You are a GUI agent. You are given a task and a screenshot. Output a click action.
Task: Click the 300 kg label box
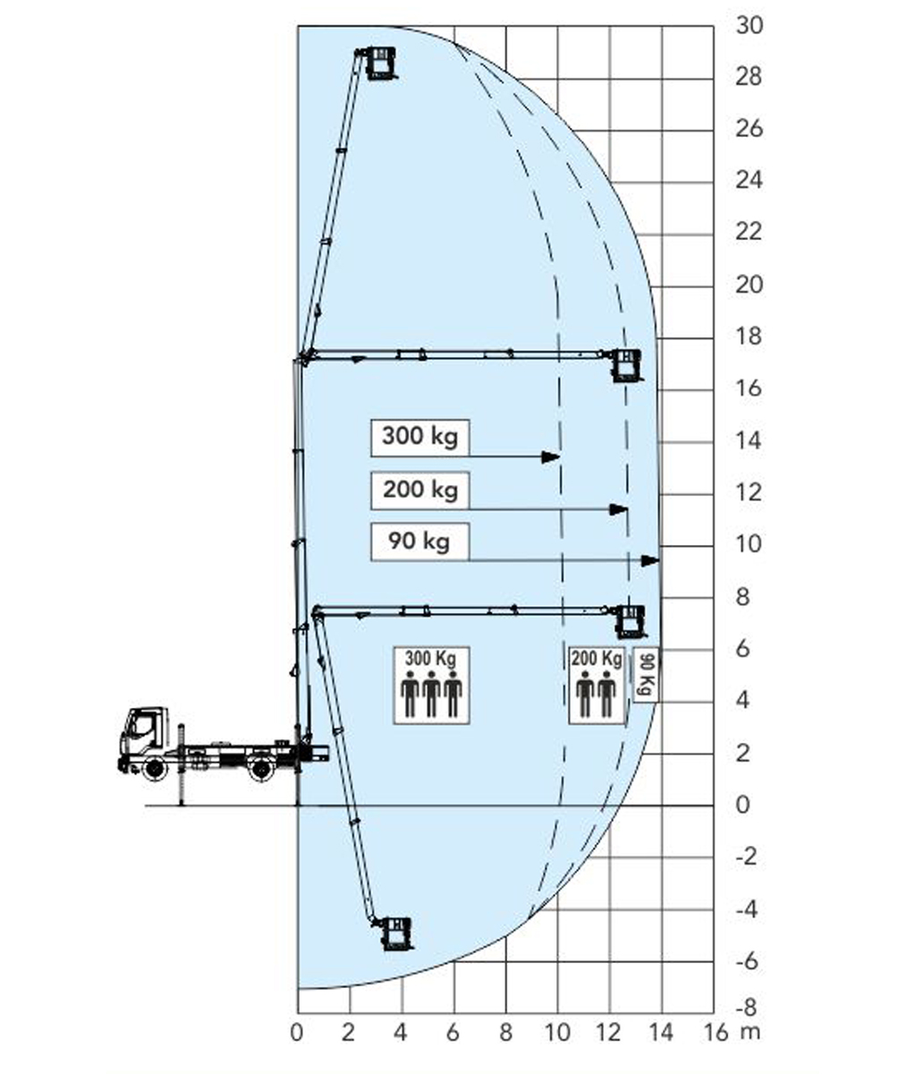(x=420, y=438)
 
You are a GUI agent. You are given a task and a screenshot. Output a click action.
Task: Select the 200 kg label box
(x=420, y=490)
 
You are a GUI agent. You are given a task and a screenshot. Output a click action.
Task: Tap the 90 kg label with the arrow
(x=420, y=541)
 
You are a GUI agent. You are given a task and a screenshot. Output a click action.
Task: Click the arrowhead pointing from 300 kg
(x=551, y=456)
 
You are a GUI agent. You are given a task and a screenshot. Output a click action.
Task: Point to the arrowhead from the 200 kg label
(x=618, y=510)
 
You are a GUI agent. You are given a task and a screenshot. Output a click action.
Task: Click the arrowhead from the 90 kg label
(x=650, y=560)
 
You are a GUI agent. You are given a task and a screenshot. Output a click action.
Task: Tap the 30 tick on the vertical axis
(x=750, y=25)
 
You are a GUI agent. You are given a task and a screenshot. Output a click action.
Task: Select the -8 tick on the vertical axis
(x=746, y=1009)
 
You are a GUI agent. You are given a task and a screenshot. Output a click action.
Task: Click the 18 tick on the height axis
(x=749, y=337)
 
